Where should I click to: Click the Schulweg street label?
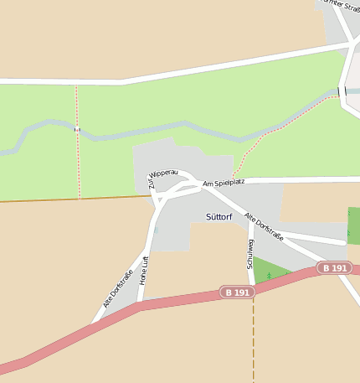click(x=250, y=252)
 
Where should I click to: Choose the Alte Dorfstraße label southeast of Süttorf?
click(x=264, y=227)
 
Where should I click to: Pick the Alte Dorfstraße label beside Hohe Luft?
click(x=118, y=288)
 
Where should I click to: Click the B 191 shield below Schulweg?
click(x=237, y=292)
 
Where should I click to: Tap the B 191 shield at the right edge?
click(x=333, y=268)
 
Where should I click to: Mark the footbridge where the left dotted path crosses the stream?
click(x=76, y=128)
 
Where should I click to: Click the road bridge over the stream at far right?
click(x=342, y=91)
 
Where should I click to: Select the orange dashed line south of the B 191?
click(x=253, y=344)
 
